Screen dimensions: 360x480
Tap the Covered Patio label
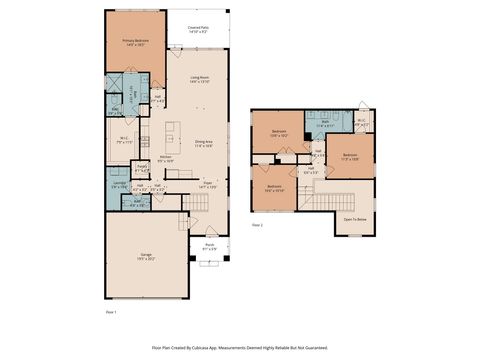click(198, 31)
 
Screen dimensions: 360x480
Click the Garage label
click(146, 256)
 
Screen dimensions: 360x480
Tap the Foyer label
click(208, 185)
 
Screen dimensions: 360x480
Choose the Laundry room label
click(118, 184)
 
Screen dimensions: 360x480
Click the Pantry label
click(142, 167)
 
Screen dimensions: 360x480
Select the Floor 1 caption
click(112, 313)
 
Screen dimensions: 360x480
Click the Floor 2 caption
click(257, 226)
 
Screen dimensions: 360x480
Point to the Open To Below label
click(355, 218)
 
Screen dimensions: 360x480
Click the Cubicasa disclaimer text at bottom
click(240, 347)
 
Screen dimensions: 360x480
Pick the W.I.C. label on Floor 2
click(361, 124)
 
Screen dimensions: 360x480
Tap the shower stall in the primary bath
click(115, 84)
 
